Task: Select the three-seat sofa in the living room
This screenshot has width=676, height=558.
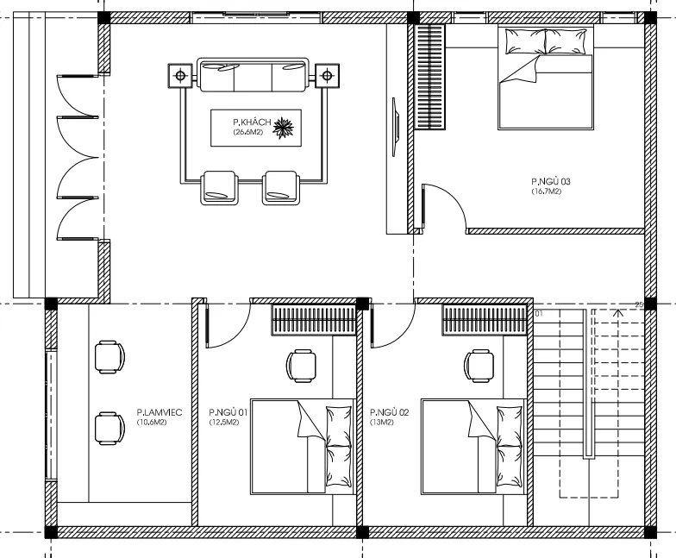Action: coord(252,76)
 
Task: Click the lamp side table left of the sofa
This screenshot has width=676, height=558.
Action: coord(180,76)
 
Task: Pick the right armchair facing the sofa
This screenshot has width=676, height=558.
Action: coord(280,187)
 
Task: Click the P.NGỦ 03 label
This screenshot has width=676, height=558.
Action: coord(551,182)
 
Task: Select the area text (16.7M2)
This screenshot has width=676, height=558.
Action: coord(547,191)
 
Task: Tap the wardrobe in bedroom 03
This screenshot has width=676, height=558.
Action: coord(429,78)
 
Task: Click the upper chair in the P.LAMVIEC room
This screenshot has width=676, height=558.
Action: coord(109,355)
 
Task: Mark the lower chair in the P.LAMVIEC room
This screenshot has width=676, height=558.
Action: coord(109,425)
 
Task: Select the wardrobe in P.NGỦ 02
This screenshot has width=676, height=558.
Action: coord(485,320)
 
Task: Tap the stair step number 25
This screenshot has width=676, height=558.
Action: coord(639,304)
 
